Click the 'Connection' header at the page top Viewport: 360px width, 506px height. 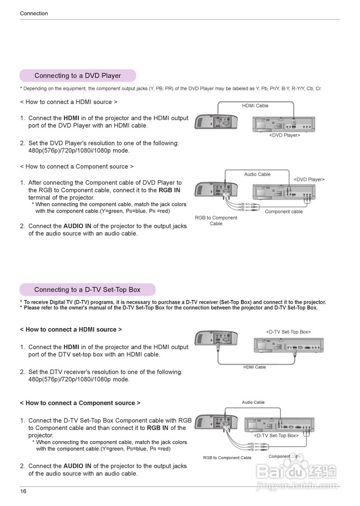pyautogui.click(x=34, y=13)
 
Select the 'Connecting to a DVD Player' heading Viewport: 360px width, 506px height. pyautogui.click(x=78, y=76)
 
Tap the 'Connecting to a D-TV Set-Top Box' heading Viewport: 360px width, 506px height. pyautogui.click(x=87, y=290)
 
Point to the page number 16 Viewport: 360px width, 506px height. pyautogui.click(x=23, y=491)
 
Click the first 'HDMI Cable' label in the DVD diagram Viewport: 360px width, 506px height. pyautogui.click(x=255, y=106)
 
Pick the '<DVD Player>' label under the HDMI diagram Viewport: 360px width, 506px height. pyautogui.click(x=284, y=135)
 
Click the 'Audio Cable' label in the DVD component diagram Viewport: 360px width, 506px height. pyautogui.click(x=257, y=174)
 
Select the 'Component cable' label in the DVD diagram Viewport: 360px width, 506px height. pyautogui.click(x=284, y=211)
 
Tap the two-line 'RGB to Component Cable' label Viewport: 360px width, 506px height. pyautogui.click(x=216, y=221)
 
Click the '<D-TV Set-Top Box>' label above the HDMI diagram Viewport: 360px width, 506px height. pyautogui.click(x=288, y=332)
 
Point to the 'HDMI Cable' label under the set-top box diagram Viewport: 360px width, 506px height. pyautogui.click(x=254, y=367)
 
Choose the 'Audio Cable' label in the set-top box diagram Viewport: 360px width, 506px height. pyautogui.click(x=253, y=402)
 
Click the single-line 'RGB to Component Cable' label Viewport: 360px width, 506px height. pyautogui.click(x=227, y=458)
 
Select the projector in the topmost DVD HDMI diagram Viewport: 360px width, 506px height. pyautogui.click(x=216, y=123)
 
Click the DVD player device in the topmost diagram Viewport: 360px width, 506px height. pyautogui.click(x=284, y=124)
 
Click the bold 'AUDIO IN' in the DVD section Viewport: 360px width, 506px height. pyautogui.click(x=77, y=226)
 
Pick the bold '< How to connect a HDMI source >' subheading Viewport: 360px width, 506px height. pyautogui.click(x=71, y=329)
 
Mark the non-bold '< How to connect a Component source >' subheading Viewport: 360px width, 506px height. pyautogui.click(x=77, y=166)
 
